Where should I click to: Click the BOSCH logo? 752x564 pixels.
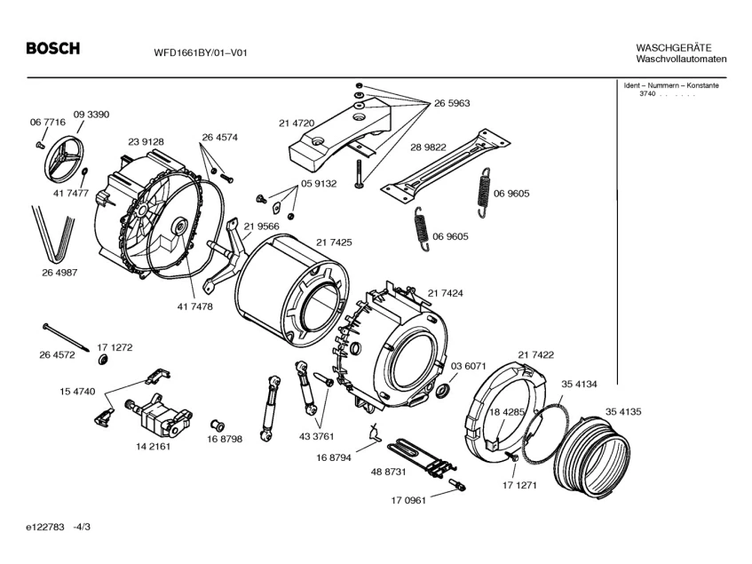pos(52,48)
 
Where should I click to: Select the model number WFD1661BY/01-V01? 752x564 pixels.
pos(201,52)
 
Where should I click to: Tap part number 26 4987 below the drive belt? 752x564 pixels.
pos(59,273)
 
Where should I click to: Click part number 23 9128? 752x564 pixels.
pos(146,142)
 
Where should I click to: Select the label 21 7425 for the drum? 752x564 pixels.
pos(334,242)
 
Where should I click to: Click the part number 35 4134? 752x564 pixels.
pos(580,385)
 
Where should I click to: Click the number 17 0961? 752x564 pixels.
pos(408,501)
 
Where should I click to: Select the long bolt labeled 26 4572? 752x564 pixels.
pos(67,338)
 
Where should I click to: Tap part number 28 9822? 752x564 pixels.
pos(428,147)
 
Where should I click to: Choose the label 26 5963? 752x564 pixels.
pos(452,103)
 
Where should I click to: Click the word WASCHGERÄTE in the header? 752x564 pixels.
pos(674,48)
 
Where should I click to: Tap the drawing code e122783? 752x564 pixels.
pos(45,527)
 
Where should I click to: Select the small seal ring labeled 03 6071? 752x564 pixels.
pos(442,391)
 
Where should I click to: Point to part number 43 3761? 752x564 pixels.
pos(317,436)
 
